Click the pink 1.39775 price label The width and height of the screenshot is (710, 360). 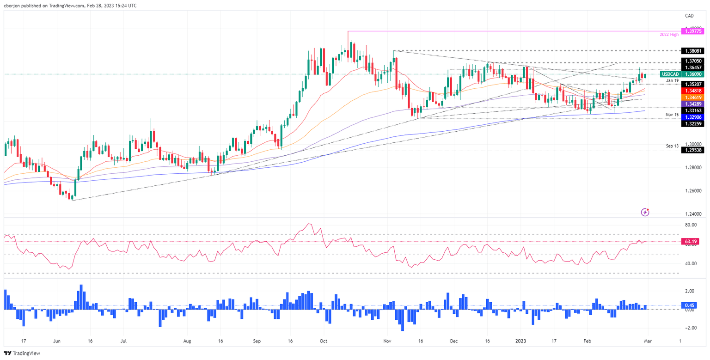click(694, 31)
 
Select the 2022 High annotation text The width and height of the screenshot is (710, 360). click(667, 35)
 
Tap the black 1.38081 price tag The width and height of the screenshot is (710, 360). click(694, 51)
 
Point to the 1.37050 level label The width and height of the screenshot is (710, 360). click(694, 61)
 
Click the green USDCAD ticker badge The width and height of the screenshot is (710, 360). click(670, 74)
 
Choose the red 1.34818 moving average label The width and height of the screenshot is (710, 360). click(694, 91)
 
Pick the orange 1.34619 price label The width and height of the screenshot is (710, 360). click(694, 98)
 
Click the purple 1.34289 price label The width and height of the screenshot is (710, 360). click(694, 104)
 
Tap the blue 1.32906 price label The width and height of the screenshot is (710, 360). click(694, 117)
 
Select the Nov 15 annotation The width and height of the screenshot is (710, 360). click(672, 114)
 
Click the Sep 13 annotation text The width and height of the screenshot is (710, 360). click(672, 146)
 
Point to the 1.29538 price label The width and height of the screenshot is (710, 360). click(694, 150)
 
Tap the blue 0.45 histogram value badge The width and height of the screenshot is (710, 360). click(691, 305)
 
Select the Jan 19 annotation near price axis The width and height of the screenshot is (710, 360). click(672, 80)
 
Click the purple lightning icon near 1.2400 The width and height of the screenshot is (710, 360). click(645, 212)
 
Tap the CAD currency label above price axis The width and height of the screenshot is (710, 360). click(690, 16)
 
